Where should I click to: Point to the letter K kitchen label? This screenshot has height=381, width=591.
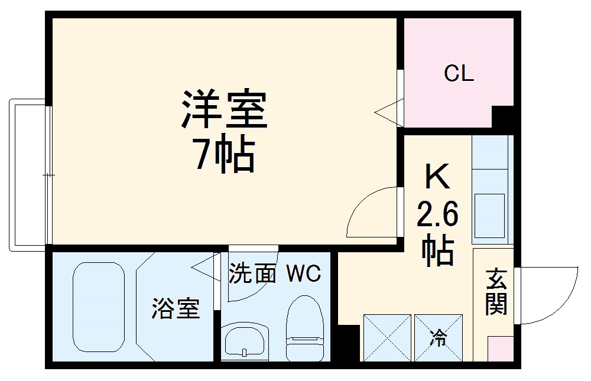point(437,177)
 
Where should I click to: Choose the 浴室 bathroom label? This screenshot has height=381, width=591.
point(176,308)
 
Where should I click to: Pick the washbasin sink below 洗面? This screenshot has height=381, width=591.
point(245,341)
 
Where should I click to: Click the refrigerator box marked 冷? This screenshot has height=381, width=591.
point(438,337)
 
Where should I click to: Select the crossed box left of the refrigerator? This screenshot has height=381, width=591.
point(387,337)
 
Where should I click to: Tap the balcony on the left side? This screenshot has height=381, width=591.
point(27,174)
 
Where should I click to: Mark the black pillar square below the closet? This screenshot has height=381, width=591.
point(503,118)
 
